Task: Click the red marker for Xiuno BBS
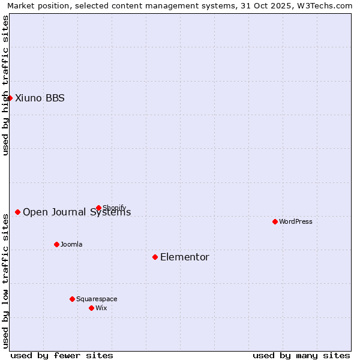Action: coord(10,98)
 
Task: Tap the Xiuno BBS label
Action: coord(40,98)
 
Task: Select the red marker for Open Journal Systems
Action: coord(18,212)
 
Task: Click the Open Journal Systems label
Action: coord(77,212)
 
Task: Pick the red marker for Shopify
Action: coord(98,208)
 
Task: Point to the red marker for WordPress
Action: coord(275,221)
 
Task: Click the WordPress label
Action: coord(296,221)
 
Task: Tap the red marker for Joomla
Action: coord(56,244)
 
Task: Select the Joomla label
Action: coord(71,244)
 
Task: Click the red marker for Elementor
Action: coord(155,257)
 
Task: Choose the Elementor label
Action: coord(185,257)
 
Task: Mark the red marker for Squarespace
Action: coord(72,299)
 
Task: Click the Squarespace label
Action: coord(97,299)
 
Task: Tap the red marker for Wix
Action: coord(91,308)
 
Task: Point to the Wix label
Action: coord(101,308)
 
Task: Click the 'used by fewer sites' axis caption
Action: coord(62,355)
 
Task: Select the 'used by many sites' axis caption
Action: coord(301,355)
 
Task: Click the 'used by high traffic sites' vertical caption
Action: coord(5,85)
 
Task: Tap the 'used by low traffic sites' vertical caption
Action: coord(5,280)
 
